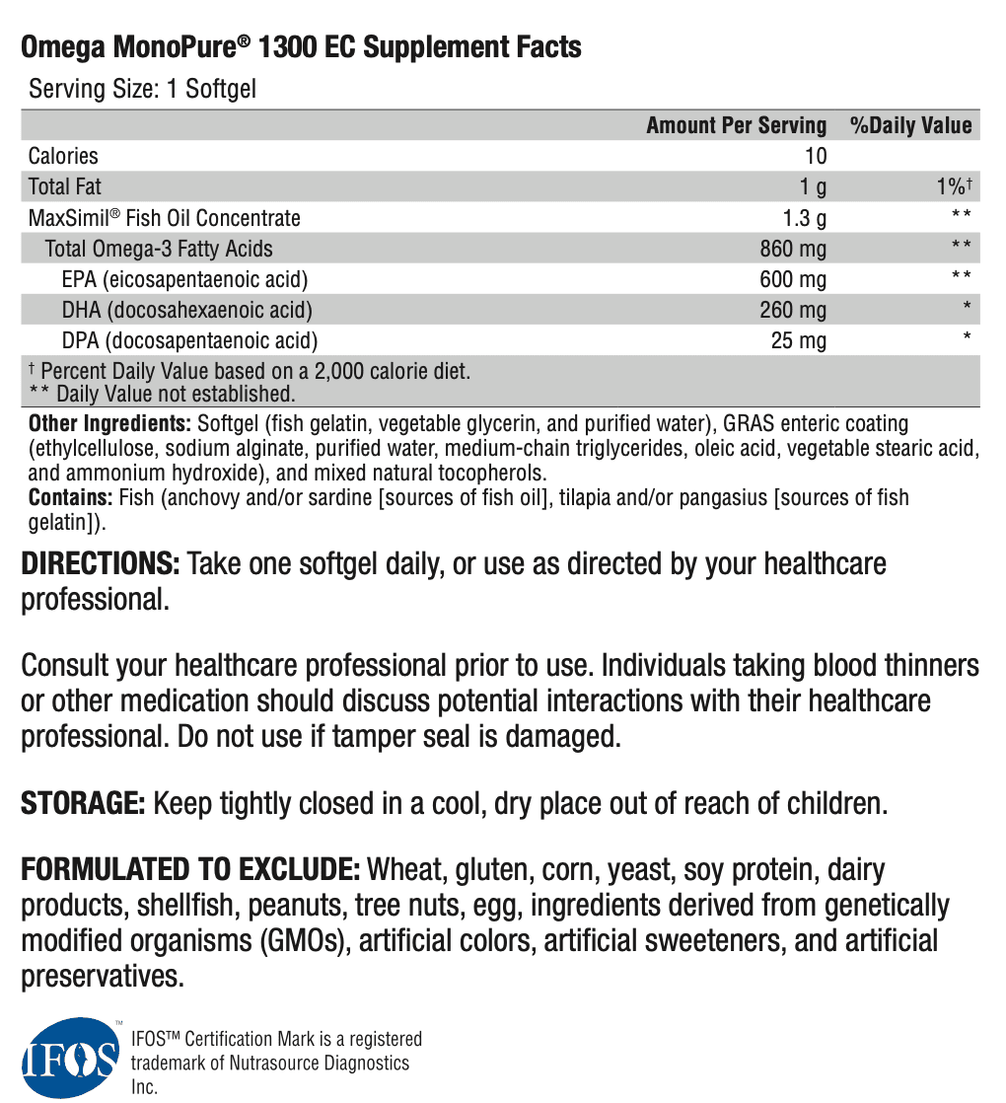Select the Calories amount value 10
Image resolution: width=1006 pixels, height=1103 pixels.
pos(816,156)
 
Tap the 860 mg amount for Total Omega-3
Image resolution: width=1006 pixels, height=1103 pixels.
pos(793,249)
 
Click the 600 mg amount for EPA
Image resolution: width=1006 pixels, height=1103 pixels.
pos(793,279)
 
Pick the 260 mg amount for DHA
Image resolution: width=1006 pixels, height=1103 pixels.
pos(793,311)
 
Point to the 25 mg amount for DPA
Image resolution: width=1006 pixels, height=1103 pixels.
pos(799,341)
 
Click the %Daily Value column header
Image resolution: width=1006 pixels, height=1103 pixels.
pos(911,125)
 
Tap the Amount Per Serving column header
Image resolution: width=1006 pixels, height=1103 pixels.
pos(736,125)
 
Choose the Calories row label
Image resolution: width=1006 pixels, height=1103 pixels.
pos(63,156)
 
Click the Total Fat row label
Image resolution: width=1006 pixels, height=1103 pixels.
pos(65,186)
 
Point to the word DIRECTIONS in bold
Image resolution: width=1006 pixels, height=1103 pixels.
pos(101,564)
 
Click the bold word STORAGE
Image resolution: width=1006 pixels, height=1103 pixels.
pos(84,804)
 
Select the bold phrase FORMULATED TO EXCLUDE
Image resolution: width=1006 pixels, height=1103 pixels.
pos(190,871)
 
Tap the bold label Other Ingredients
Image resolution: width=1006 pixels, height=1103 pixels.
pos(109,424)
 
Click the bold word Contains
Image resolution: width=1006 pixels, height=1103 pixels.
pos(70,497)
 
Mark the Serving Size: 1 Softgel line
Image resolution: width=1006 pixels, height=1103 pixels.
pos(142,90)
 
